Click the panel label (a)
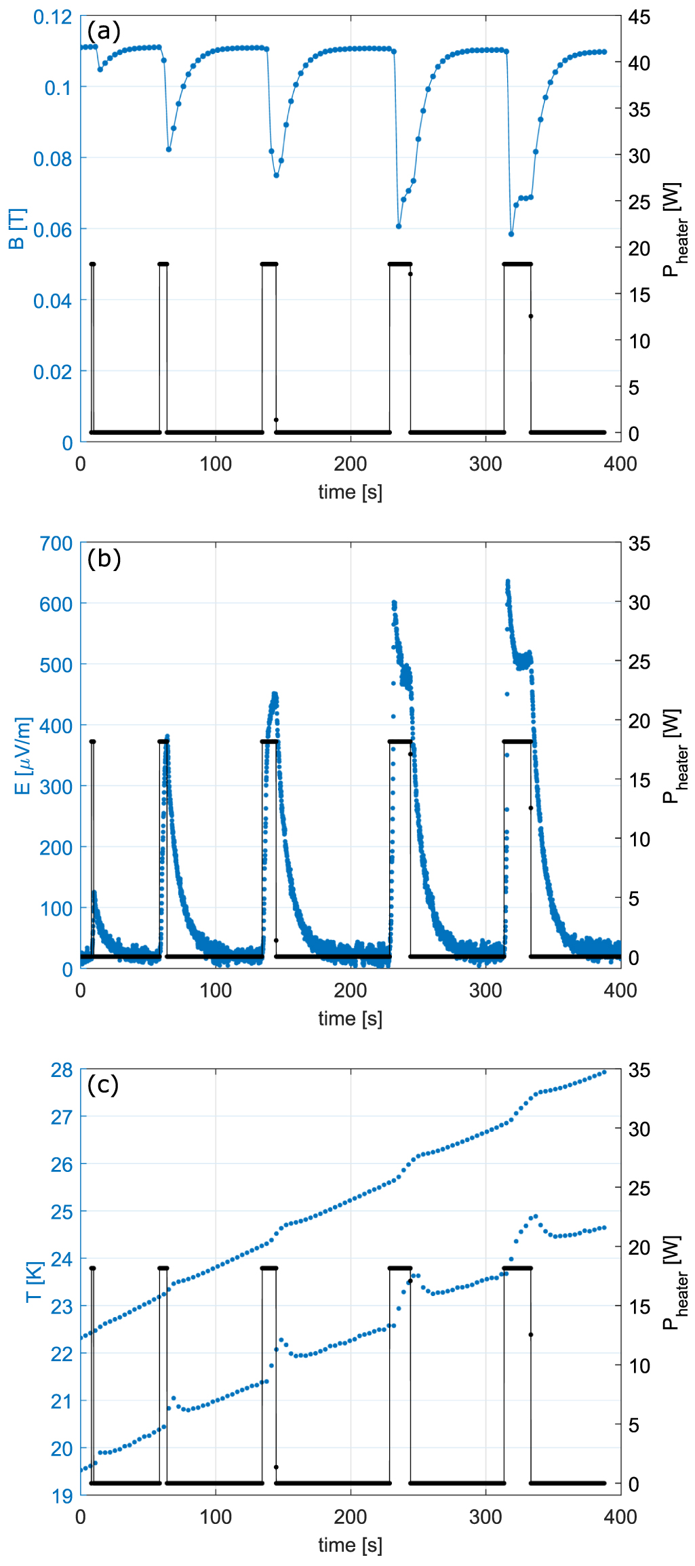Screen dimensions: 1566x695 pyautogui.click(x=104, y=31)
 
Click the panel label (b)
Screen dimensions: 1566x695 pyautogui.click(x=104, y=558)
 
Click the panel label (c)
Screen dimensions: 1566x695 pyautogui.click(x=103, y=1084)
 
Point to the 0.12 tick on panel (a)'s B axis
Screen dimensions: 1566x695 pyautogui.click(x=53, y=17)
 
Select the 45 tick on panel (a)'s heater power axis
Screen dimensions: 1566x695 pyautogui.click(x=639, y=17)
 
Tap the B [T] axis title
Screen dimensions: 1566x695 pyautogui.click(x=18, y=229)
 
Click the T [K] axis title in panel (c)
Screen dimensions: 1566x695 pyautogui.click(x=34, y=1281)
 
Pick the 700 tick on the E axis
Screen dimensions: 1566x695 pyautogui.click(x=56, y=544)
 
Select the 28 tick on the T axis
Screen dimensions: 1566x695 pyautogui.click(x=62, y=1070)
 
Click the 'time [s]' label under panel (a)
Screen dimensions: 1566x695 pyautogui.click(x=351, y=492)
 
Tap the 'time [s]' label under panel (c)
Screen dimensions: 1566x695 pyautogui.click(x=351, y=1545)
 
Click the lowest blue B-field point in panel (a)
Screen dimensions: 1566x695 pyautogui.click(x=511, y=234)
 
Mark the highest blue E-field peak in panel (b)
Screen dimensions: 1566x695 pyautogui.click(x=507, y=582)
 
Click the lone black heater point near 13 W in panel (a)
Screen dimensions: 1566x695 pyautogui.click(x=531, y=316)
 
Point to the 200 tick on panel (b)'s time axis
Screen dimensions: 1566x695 pyautogui.click(x=351, y=990)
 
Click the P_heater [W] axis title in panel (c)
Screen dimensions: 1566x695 pyautogui.click(x=674, y=1281)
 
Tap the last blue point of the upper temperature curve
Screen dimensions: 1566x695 pyautogui.click(x=604, y=1072)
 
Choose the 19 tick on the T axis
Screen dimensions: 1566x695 pyautogui.click(x=62, y=1495)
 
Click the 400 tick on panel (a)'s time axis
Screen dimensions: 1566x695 pyautogui.click(x=620, y=464)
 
